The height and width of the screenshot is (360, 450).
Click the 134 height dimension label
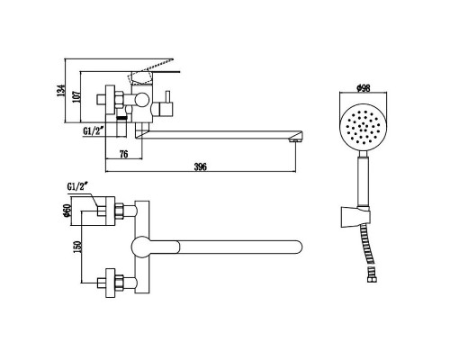[x=61, y=90]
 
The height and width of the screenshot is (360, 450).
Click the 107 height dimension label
[x=76, y=97]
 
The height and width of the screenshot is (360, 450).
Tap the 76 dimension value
[x=123, y=154]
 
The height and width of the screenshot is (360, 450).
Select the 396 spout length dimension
[x=201, y=166]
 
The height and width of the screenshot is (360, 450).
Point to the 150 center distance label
[x=77, y=247]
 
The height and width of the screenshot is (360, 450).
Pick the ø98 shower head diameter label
[x=363, y=88]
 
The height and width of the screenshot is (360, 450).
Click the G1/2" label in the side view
[x=94, y=131]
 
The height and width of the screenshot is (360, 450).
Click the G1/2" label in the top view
[x=77, y=186]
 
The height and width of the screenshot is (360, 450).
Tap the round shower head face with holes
[x=364, y=130]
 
